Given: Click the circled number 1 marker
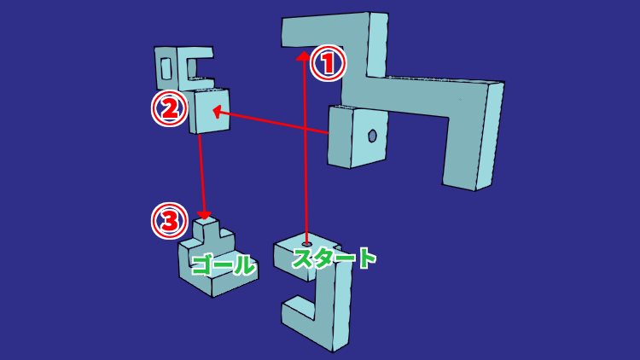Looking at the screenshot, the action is click(329, 63).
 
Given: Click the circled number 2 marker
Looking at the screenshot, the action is click(170, 108).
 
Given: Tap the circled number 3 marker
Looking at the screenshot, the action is click(170, 221).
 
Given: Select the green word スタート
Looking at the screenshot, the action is click(334, 258).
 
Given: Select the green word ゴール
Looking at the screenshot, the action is click(224, 264).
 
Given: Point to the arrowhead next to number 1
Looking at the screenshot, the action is click(303, 55).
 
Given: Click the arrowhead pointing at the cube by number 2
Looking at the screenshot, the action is click(218, 111).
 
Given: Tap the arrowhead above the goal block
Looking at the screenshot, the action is click(204, 215).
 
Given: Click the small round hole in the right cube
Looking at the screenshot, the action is click(372, 136).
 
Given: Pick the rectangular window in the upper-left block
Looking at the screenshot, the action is click(166, 68).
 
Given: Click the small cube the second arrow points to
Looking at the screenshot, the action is click(209, 111).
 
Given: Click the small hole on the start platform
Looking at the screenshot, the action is click(306, 244).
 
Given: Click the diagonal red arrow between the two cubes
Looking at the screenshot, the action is click(271, 121).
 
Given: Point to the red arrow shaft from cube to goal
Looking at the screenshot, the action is click(201, 175).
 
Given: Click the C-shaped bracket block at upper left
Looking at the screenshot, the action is click(183, 67).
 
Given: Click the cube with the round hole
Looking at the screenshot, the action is click(358, 136).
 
